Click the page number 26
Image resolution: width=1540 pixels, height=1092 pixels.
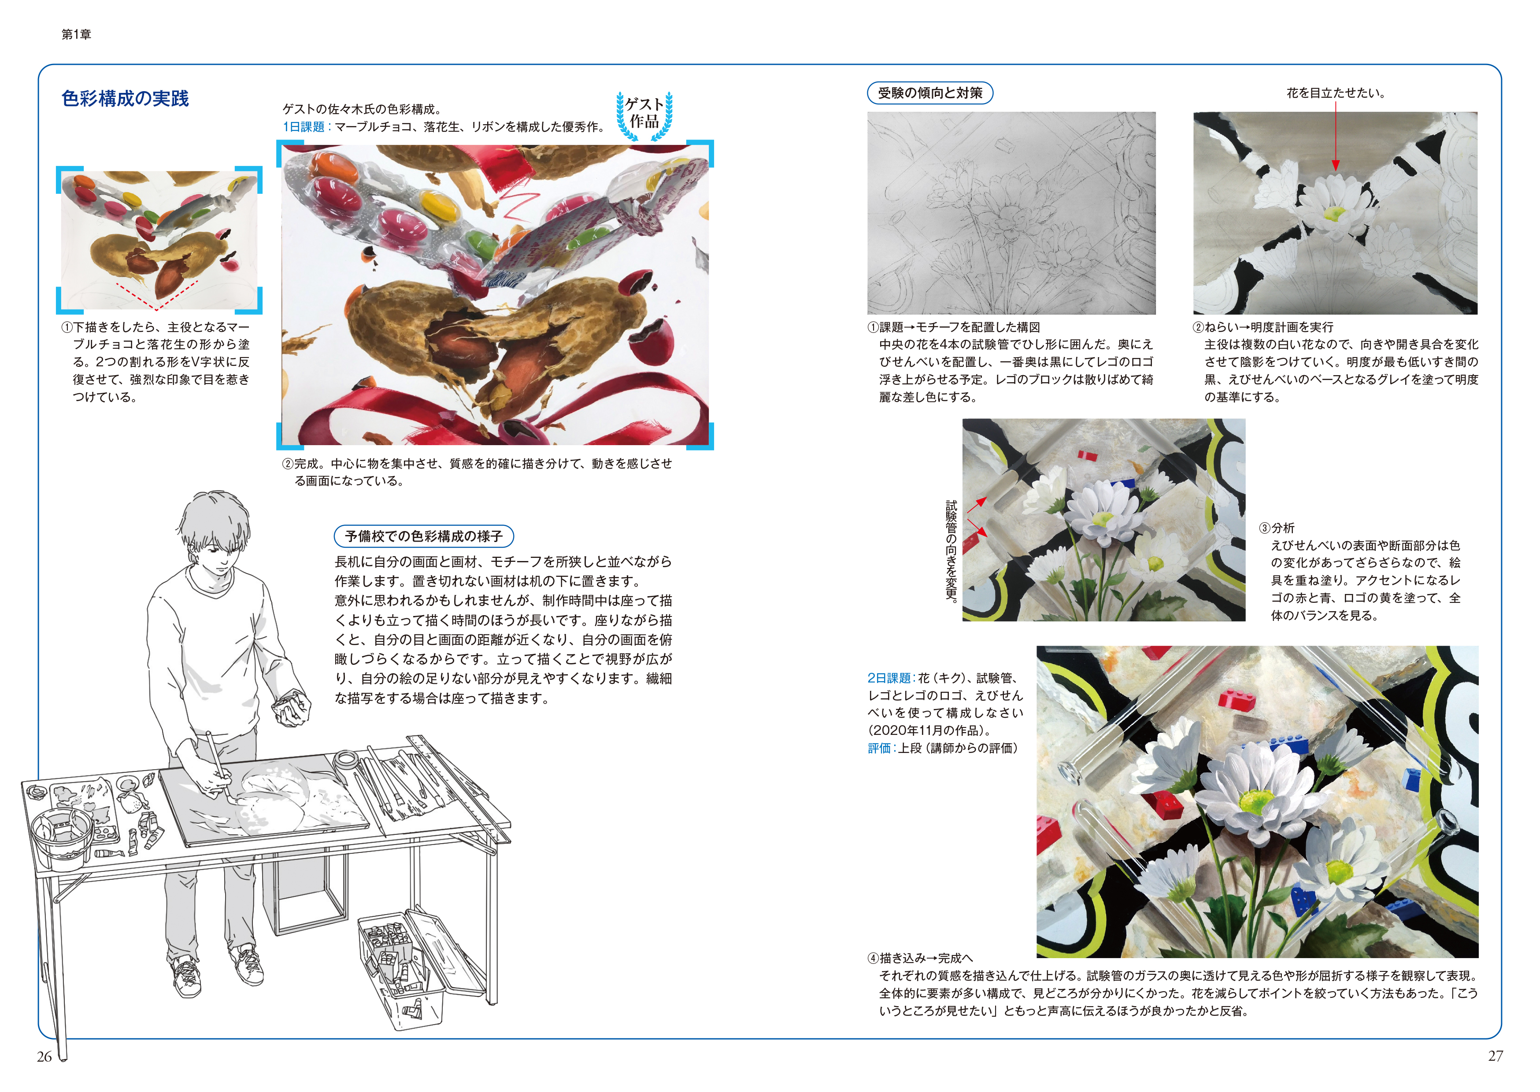(x=44, y=1056)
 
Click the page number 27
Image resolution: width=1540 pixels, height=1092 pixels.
(x=1495, y=1056)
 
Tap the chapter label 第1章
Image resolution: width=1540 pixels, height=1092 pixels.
(x=76, y=34)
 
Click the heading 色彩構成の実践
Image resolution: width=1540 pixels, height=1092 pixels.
(x=125, y=98)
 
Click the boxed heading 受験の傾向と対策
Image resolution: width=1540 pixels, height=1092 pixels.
(x=930, y=93)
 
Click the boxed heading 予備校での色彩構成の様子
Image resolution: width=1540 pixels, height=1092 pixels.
(x=424, y=536)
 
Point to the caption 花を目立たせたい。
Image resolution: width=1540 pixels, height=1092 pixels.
(x=1336, y=93)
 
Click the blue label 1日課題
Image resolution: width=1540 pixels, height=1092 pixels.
(x=304, y=126)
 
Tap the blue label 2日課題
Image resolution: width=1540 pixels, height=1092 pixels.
(x=888, y=678)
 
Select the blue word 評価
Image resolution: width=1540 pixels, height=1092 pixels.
(x=879, y=748)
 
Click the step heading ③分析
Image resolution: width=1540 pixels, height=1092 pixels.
(x=1277, y=528)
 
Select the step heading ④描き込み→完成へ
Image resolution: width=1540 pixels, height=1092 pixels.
(x=920, y=958)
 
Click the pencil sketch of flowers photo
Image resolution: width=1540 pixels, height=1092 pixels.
(x=1011, y=213)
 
